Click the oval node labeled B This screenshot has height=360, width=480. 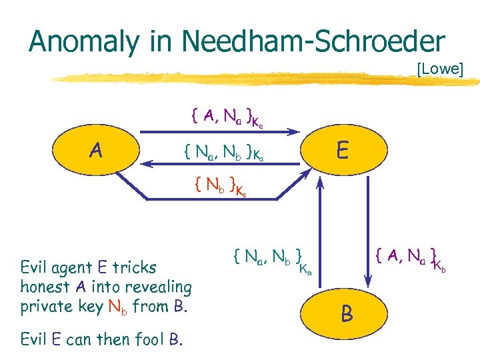[347, 314]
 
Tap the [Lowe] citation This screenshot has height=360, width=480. [439, 69]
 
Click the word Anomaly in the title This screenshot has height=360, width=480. [83, 41]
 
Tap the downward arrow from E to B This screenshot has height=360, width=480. [366, 233]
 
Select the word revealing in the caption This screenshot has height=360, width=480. [160, 288]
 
